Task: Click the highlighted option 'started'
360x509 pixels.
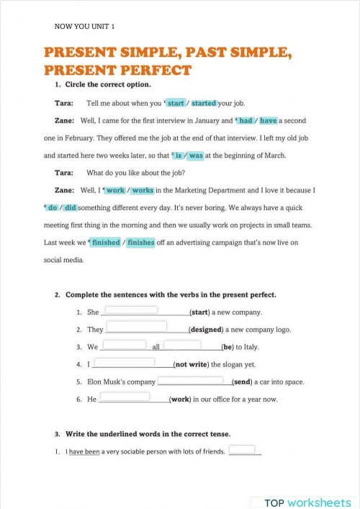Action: (x=204, y=103)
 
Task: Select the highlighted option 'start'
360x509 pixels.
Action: (x=176, y=103)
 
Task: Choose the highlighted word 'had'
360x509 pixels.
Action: (x=246, y=120)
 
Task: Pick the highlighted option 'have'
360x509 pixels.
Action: (x=268, y=120)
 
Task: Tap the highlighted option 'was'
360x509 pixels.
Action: (x=195, y=156)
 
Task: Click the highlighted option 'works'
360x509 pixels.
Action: (x=142, y=190)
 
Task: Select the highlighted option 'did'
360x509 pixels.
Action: (x=70, y=207)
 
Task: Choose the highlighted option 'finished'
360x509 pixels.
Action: (x=105, y=243)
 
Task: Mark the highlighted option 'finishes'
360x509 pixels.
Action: (x=140, y=243)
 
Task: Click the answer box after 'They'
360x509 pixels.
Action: (x=136, y=327)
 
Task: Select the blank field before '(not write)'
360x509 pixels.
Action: (x=124, y=362)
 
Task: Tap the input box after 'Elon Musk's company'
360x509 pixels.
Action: (x=190, y=379)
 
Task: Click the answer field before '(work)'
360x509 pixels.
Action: (x=124, y=397)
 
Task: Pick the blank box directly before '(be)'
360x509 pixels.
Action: (x=182, y=344)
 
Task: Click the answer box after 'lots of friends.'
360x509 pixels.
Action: (x=243, y=450)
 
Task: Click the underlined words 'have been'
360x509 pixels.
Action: (x=84, y=452)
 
